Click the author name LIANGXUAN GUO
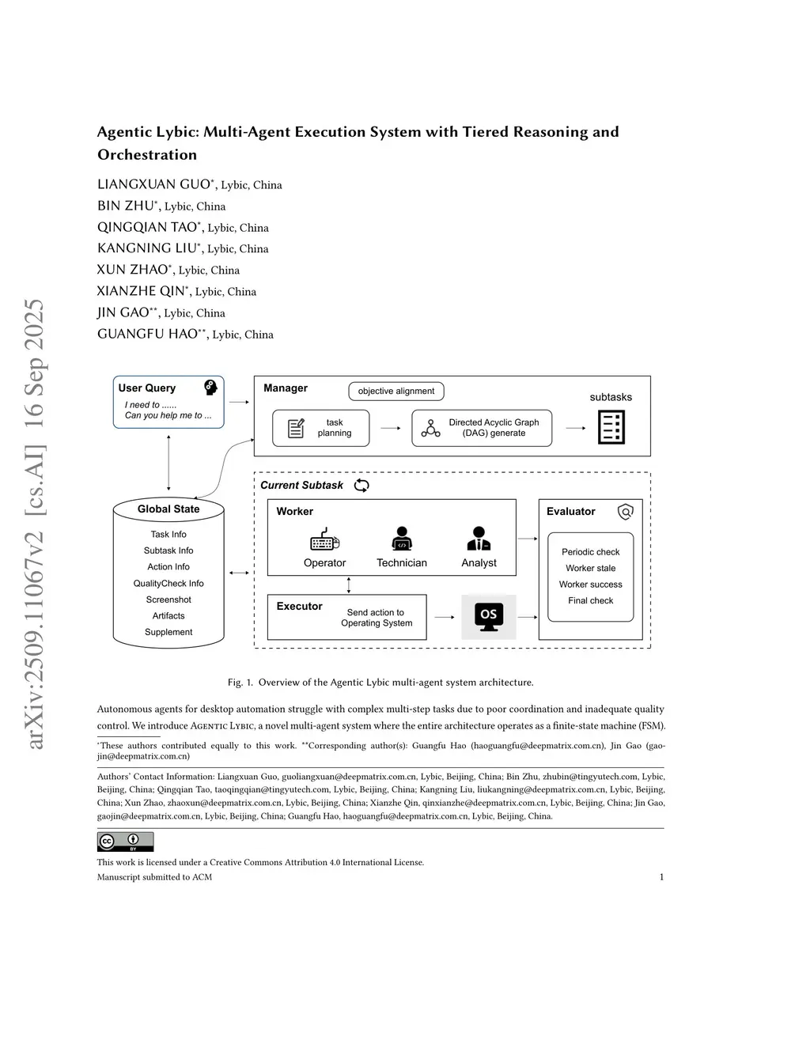(153, 184)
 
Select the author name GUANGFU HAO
(147, 334)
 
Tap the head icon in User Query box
(210, 388)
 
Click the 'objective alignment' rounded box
(396, 391)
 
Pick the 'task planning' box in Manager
(320, 428)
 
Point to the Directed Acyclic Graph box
(482, 428)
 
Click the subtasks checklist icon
(611, 427)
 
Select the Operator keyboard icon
(324, 540)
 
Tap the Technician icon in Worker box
(402, 539)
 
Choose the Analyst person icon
(479, 539)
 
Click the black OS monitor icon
(489, 616)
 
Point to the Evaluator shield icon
(625, 512)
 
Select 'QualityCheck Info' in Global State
(168, 584)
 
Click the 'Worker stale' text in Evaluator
(590, 568)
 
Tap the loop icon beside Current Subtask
(361, 485)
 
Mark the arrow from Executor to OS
(445, 617)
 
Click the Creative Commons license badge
(125, 842)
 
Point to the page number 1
(661, 876)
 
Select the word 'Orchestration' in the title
(147, 155)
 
